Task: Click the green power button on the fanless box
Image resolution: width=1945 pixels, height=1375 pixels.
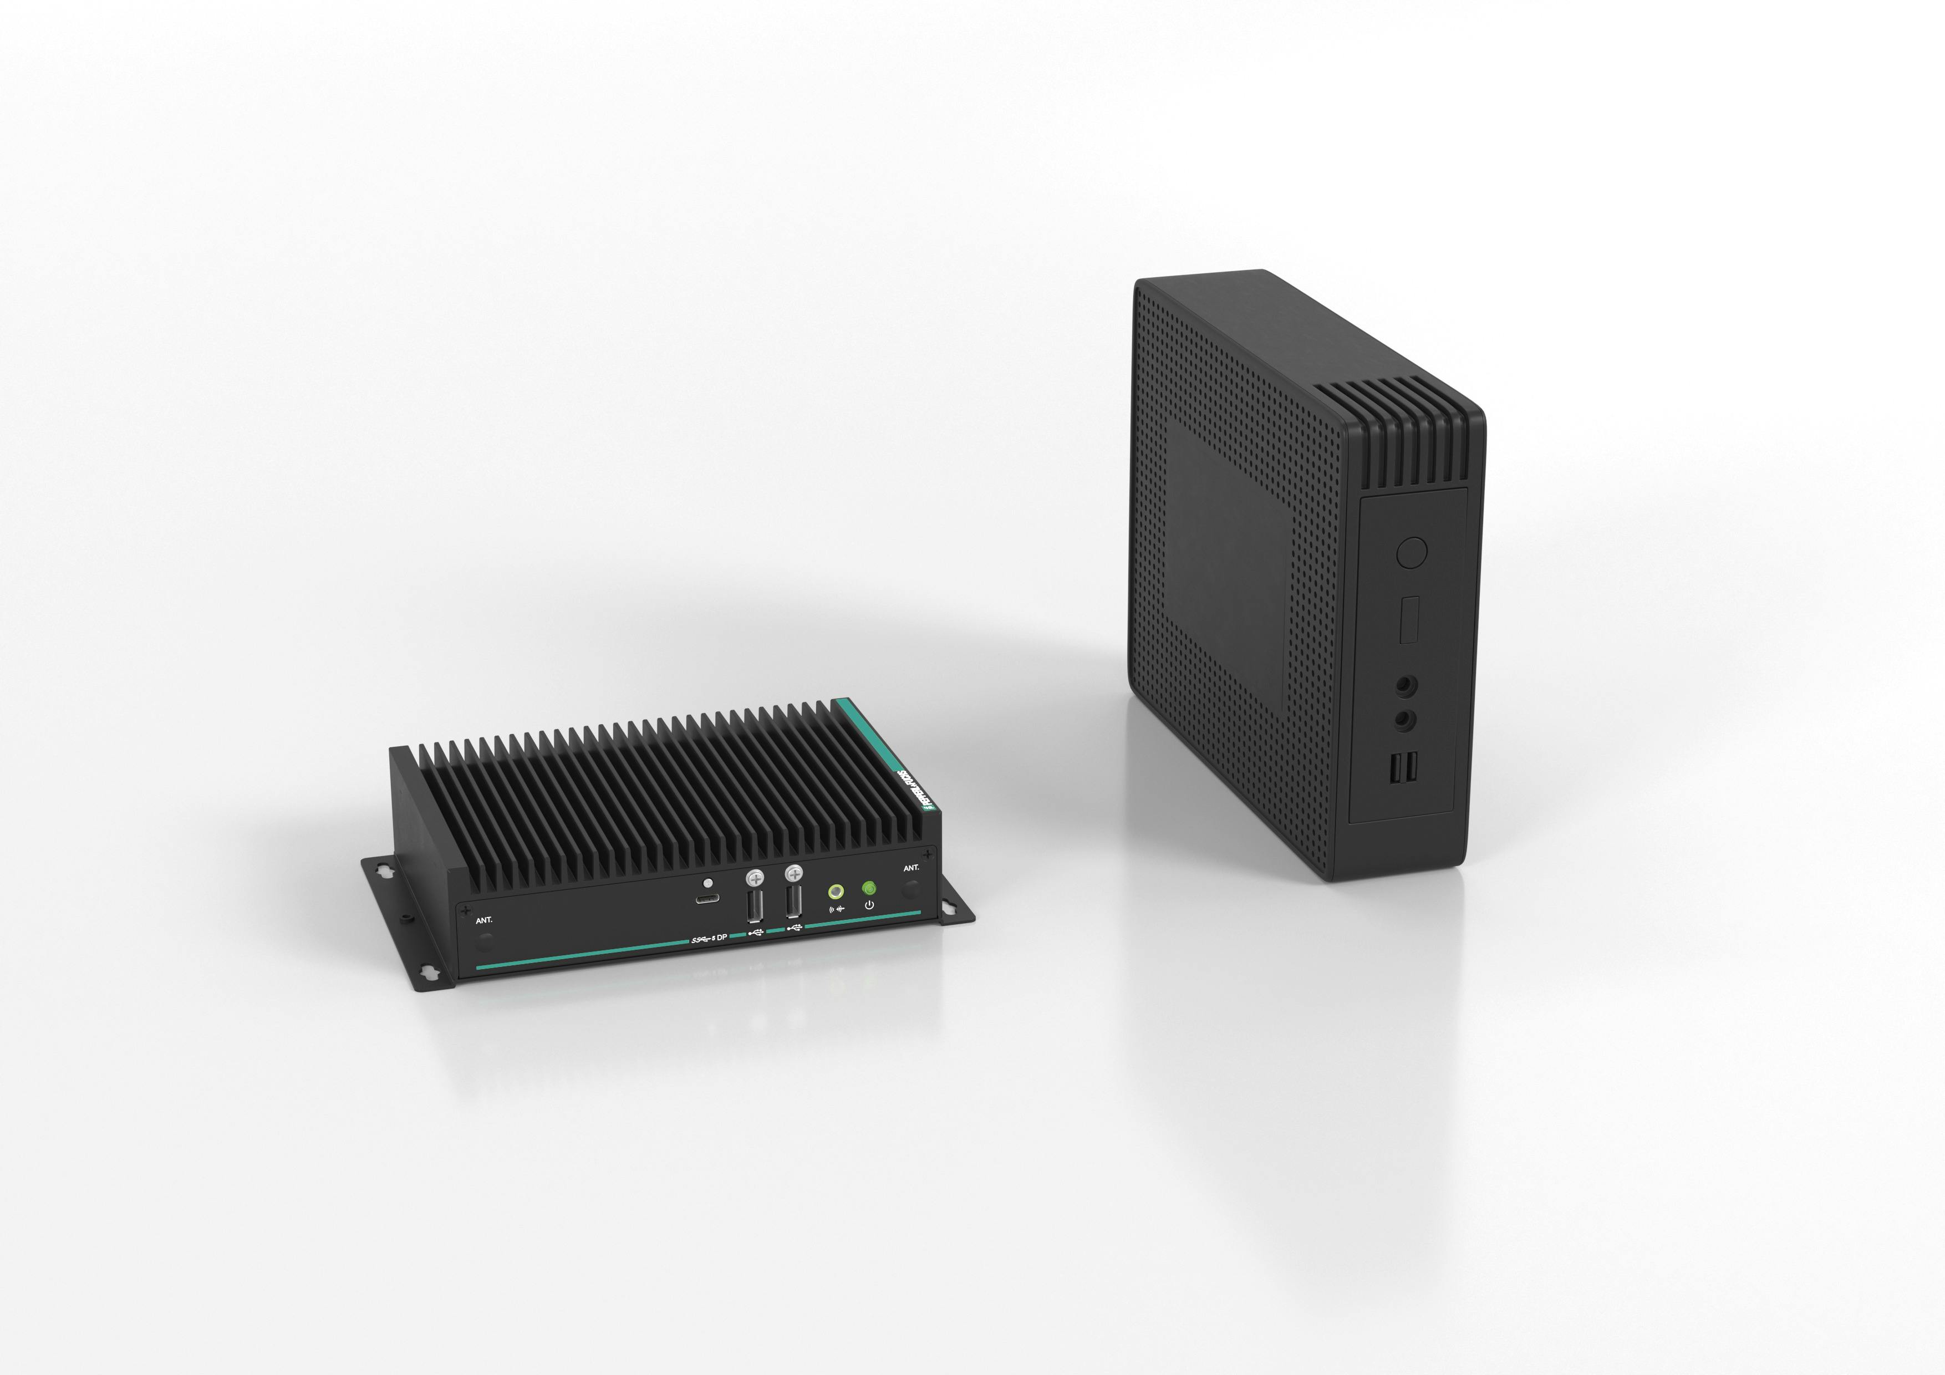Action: pos(868,888)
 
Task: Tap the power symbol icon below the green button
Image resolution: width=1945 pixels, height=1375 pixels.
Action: pos(869,905)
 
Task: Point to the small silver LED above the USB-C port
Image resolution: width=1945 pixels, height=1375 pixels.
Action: pos(706,882)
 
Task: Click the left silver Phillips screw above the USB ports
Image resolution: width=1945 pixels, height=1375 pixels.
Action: pos(755,878)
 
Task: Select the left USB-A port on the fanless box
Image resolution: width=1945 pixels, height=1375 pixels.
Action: pos(755,905)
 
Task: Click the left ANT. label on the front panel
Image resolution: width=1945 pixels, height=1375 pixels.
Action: pos(483,920)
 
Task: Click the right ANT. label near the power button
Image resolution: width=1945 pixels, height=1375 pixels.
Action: pos(910,868)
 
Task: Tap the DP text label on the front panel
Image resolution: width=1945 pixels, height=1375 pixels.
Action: pos(722,938)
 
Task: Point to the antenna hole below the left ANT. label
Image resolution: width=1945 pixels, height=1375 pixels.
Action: pos(485,940)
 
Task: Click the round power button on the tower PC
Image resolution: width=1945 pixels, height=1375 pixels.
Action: pos(1411,552)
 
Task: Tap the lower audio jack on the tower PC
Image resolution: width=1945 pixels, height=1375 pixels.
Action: pos(1404,719)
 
